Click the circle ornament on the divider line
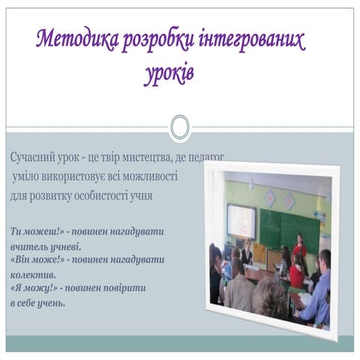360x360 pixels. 179,127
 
